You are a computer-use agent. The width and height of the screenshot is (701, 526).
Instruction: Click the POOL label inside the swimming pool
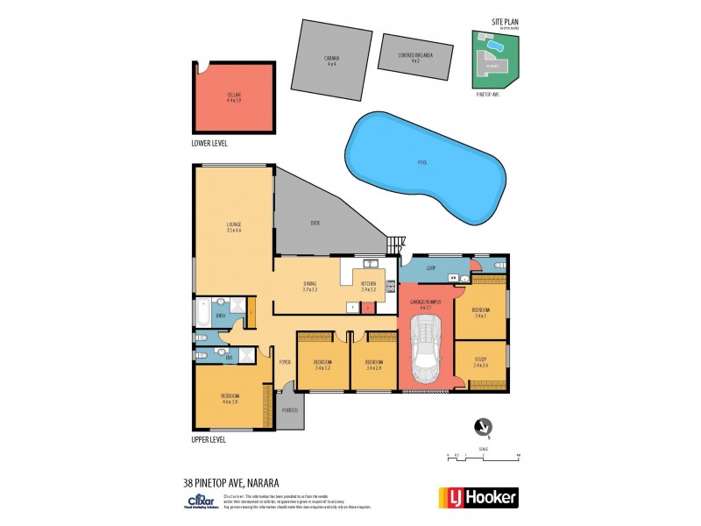point(422,162)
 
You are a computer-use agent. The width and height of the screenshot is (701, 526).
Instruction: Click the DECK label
point(315,223)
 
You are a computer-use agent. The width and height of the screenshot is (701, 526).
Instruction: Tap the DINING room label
point(310,284)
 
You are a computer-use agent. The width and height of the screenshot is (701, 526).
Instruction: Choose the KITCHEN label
point(368,284)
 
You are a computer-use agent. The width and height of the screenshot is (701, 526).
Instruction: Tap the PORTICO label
point(290,411)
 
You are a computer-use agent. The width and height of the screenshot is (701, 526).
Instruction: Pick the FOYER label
point(285,361)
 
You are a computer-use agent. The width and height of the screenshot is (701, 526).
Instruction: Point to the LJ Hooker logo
point(478,497)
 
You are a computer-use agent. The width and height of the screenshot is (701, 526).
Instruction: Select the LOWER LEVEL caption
point(209,142)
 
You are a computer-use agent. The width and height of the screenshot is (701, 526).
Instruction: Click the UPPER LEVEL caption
point(209,439)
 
